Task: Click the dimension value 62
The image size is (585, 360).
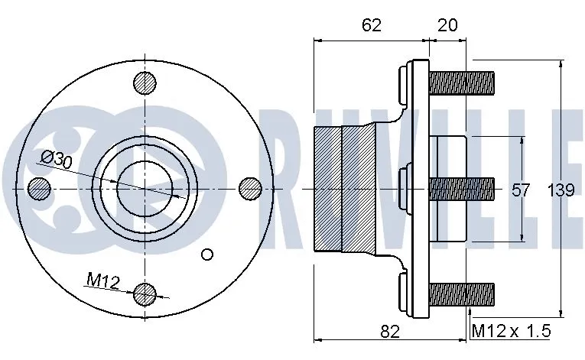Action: [371, 24]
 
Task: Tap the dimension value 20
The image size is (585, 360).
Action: [447, 24]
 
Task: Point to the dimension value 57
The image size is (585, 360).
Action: [521, 190]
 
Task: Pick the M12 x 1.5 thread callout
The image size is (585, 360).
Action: [510, 331]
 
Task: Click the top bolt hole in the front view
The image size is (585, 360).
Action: [145, 82]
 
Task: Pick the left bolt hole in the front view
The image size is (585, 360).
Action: [39, 187]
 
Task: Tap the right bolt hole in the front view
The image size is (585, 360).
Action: [250, 187]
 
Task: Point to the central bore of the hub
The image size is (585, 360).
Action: [145, 187]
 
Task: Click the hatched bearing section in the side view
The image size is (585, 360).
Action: [344, 187]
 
